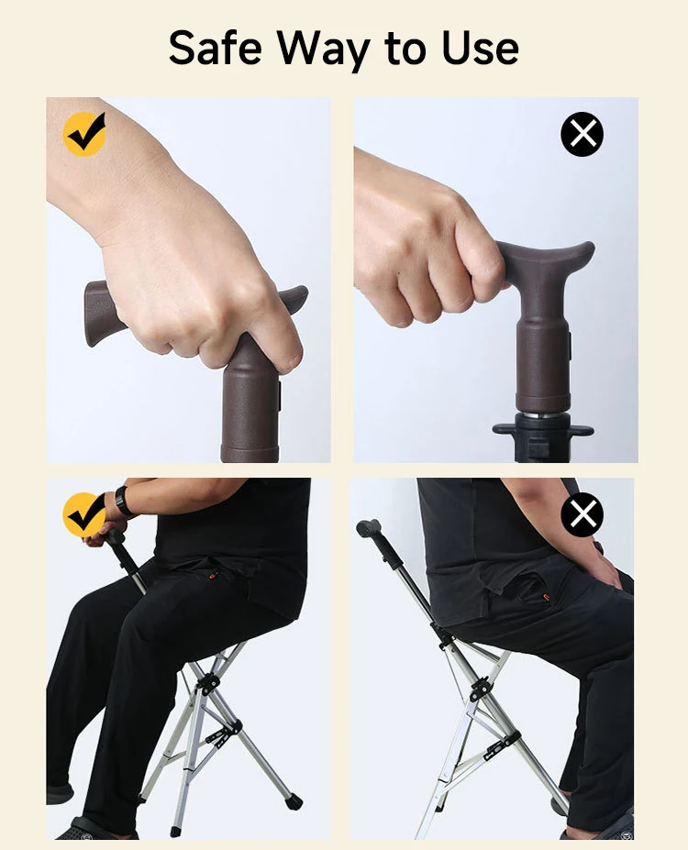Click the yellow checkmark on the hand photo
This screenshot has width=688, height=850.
click(84, 135)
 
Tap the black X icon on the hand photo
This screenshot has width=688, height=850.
click(582, 135)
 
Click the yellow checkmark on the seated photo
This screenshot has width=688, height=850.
click(84, 514)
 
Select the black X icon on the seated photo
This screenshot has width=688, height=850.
click(582, 514)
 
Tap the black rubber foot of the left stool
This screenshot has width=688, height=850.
click(294, 801)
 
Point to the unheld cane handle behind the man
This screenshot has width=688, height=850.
click(369, 528)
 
